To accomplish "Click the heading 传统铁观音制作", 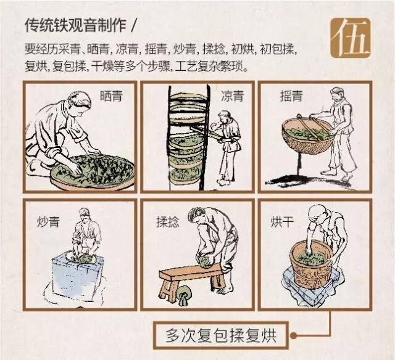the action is coord(75,25).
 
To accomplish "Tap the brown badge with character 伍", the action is coord(351,38).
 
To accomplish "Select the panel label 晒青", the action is coord(111,96).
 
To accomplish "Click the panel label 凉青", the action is coord(232,96).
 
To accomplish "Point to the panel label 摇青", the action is coord(291,96).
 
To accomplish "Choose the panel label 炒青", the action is coord(48,222).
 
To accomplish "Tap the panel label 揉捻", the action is coord(168,222).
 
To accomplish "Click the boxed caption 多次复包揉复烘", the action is coord(221,335).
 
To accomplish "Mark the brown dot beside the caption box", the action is coord(293,335).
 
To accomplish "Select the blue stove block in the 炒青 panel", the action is coord(77,274).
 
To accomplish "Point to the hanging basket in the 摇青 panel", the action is coord(308,136).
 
